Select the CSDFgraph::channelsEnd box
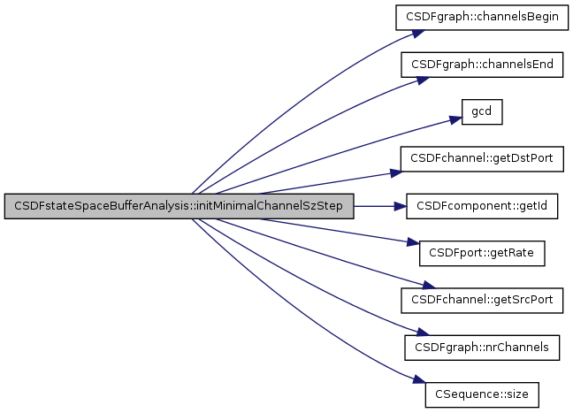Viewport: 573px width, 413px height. (x=483, y=65)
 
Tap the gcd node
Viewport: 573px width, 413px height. (x=483, y=112)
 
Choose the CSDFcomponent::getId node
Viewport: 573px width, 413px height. (x=483, y=206)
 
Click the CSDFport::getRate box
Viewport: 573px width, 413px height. (x=483, y=253)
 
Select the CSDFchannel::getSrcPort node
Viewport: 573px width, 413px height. (x=483, y=300)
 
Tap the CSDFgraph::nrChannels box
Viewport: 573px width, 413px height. (x=483, y=347)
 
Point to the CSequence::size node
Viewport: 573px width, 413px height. (x=483, y=394)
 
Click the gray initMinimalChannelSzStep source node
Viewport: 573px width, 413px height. (x=180, y=206)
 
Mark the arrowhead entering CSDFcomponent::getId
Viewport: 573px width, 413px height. (x=401, y=206)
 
